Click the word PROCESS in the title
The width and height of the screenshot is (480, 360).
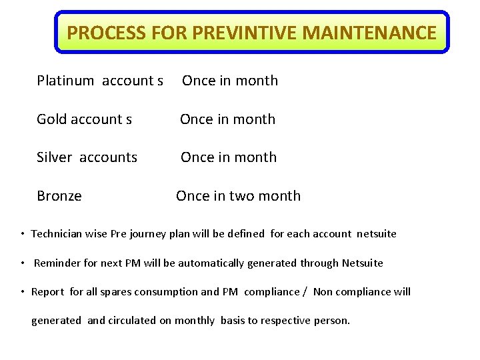(x=98, y=32)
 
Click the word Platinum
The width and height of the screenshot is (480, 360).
(x=65, y=81)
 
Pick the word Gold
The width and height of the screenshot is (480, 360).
(x=51, y=119)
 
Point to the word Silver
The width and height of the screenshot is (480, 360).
(x=54, y=157)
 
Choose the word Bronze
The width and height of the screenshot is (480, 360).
(x=59, y=196)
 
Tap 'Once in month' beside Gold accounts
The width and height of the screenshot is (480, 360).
(x=227, y=119)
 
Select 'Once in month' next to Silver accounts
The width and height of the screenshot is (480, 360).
(x=229, y=157)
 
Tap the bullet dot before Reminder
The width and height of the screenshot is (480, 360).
(x=23, y=263)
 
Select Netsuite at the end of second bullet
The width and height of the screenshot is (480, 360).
(x=362, y=263)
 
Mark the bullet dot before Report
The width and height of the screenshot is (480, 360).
(x=23, y=292)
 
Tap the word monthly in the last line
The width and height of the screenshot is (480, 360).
(x=195, y=321)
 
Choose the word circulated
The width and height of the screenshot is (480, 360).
(x=132, y=321)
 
